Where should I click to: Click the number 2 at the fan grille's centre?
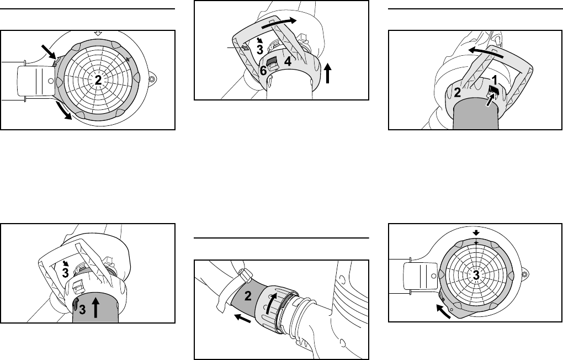click(98, 80)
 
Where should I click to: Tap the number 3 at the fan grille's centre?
click(476, 275)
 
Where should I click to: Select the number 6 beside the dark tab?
click(263, 71)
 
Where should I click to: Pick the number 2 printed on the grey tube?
click(248, 295)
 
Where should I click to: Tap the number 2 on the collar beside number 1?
click(458, 92)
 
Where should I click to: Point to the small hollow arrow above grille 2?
click(98, 33)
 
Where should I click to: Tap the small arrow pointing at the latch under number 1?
click(489, 99)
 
